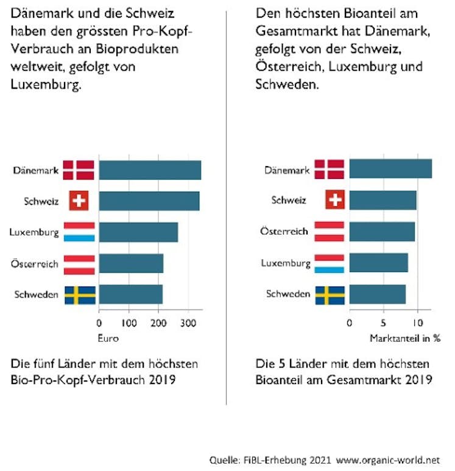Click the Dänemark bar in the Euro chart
pos(150,170)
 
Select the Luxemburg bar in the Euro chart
pos(138,232)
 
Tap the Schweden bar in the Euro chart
pos(131,295)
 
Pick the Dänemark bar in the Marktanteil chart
pos(390,169)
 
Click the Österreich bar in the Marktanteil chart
pos(382,232)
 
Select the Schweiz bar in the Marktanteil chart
pos(383,200)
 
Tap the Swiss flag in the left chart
pos(79,201)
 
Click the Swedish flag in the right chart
pos(330,295)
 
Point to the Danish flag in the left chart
pos(79,170)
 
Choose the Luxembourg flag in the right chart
pos(330,263)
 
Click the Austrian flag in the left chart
pos(79,264)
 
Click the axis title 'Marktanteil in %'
pos(405,338)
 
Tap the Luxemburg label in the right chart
pos(286,263)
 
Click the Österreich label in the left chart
pos(35,264)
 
